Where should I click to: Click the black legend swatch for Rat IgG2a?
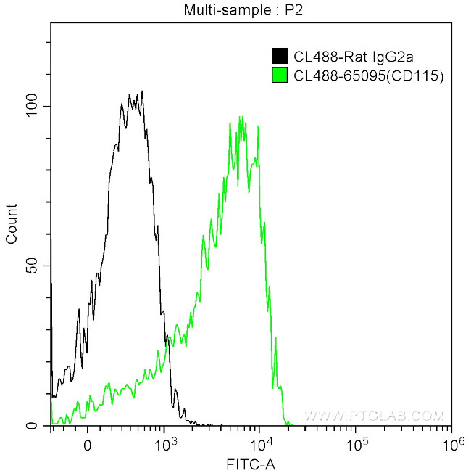pyautogui.click(x=278, y=56)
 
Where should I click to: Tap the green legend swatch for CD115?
pyautogui.click(x=278, y=74)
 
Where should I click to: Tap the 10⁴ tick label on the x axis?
pyautogui.click(x=260, y=440)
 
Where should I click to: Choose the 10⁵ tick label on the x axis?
pyautogui.click(x=356, y=440)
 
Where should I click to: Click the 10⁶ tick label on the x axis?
pyautogui.click(x=451, y=440)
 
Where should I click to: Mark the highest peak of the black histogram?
pyautogui.click(x=142, y=91)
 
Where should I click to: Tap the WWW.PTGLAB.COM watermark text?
pyautogui.click(x=373, y=416)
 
